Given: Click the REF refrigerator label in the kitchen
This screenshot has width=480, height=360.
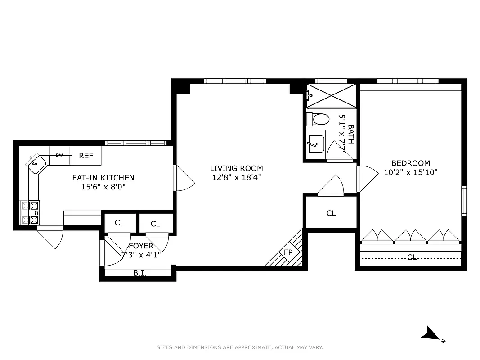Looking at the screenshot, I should (86, 156).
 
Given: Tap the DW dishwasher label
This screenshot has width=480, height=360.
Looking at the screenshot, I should (59, 155).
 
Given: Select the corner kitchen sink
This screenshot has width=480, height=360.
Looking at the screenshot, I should (36, 163).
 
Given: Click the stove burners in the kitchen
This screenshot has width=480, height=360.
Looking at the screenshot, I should (30, 213).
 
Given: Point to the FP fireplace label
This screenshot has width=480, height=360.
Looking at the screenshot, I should (288, 252).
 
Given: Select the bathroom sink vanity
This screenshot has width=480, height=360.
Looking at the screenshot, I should (316, 144).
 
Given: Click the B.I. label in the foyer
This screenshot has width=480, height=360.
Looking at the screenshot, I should (139, 273).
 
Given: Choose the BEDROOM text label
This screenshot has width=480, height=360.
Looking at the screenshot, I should (410, 163).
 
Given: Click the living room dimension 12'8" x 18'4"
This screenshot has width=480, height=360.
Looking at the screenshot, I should (237, 177).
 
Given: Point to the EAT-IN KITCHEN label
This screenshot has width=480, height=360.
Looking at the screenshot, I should (103, 178).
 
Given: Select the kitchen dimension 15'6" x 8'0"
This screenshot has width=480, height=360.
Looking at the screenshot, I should (103, 186).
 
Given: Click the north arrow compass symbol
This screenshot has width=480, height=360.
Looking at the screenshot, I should (431, 334).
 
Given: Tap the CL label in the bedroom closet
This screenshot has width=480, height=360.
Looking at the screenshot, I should (411, 257).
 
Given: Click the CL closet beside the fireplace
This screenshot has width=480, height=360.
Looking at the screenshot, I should (331, 213).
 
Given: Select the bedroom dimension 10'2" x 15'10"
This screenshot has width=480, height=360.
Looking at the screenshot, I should (410, 172).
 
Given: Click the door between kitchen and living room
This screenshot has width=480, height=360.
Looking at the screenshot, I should (184, 178).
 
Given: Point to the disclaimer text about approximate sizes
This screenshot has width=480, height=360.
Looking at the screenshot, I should (240, 347).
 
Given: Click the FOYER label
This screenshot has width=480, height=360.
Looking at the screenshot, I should (141, 246).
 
